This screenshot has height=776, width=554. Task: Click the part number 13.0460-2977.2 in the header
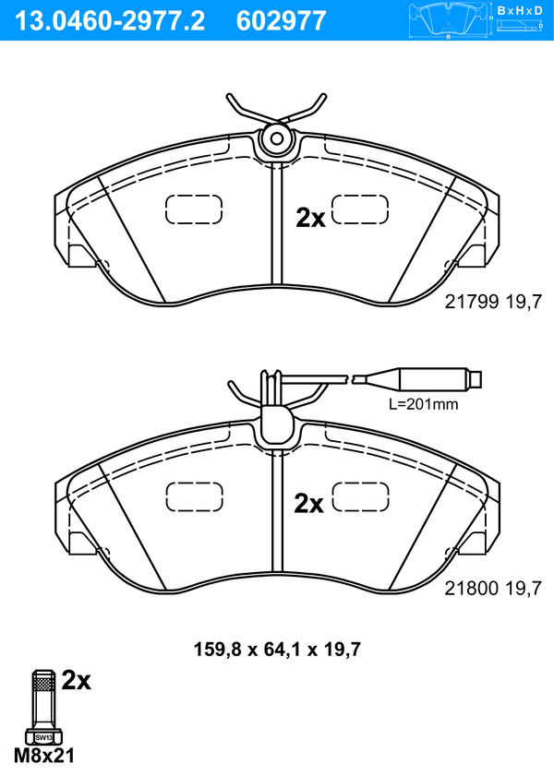coord(110,21)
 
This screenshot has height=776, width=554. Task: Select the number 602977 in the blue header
coord(281,21)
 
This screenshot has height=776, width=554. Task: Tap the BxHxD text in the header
coord(520,10)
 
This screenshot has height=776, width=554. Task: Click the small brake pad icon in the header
coord(449,20)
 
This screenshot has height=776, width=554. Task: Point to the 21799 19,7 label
coord(493,302)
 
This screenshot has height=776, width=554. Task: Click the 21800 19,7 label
coord(493,589)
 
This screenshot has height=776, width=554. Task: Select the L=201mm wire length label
coord(423,404)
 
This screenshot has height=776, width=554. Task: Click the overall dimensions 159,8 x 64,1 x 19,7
coord(277,649)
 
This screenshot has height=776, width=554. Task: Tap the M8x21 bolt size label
coord(44,756)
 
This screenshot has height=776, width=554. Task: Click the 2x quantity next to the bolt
coord(77,681)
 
